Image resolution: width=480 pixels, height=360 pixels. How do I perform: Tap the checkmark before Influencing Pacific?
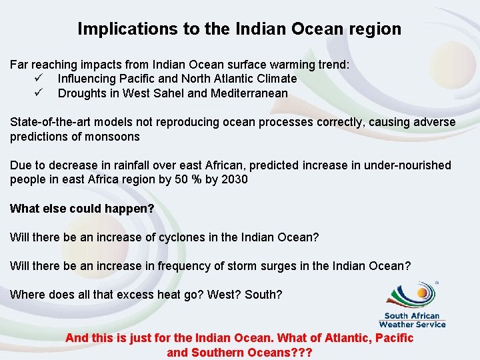point(39,79)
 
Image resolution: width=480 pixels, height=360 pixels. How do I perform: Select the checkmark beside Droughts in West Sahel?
point(39,93)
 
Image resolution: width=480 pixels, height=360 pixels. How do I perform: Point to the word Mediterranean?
point(249,93)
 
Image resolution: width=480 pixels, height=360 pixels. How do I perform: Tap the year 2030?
point(234,180)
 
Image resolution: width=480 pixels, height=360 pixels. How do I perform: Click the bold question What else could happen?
point(82,209)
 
